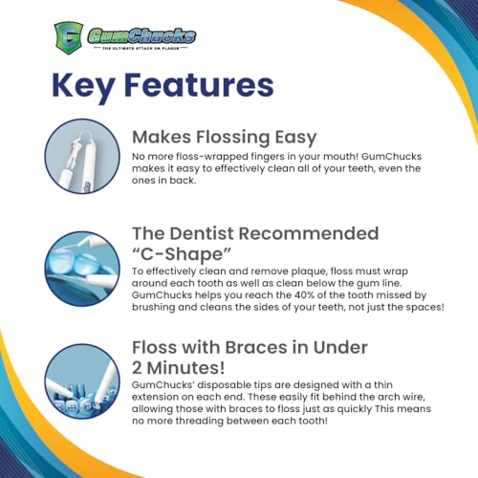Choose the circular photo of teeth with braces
(x=78, y=379)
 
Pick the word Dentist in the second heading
(x=226, y=234)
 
